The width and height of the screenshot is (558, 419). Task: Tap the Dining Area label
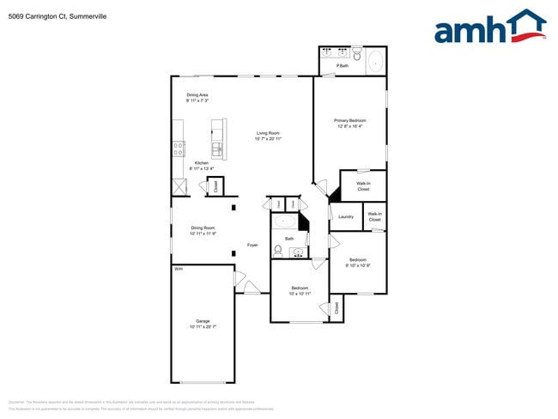[x=197, y=94]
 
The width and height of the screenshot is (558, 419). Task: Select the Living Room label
[x=268, y=133]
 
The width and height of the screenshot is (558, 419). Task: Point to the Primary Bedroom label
[x=350, y=120]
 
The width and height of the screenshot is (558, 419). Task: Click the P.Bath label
[x=343, y=66]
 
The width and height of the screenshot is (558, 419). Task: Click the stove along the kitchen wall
[x=179, y=148]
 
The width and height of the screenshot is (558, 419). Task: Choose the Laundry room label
[x=346, y=216]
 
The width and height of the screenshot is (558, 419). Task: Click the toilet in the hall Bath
[x=278, y=250]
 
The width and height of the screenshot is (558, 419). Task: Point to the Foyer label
[x=252, y=246]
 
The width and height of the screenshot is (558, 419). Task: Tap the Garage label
[x=203, y=321]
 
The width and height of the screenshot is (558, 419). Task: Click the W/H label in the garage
[x=179, y=270]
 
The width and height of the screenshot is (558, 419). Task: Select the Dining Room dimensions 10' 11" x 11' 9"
[x=203, y=234]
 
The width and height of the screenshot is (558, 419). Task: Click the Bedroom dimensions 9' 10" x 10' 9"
[x=358, y=265]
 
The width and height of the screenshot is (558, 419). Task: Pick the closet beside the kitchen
[x=215, y=185]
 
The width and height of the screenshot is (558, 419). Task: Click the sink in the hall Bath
[x=297, y=252]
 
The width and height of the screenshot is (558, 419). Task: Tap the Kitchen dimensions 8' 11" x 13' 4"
[x=202, y=168]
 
